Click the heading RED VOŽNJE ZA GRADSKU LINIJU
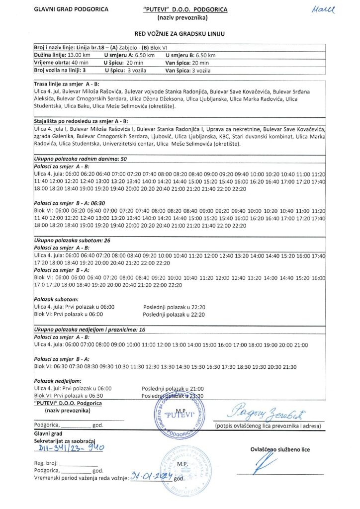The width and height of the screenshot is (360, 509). (x=180, y=34)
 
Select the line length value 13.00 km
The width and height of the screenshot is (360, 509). (x=70, y=55)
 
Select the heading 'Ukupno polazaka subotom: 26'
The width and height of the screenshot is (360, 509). (x=72, y=240)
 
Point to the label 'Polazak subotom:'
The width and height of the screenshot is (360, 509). (x=56, y=300)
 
